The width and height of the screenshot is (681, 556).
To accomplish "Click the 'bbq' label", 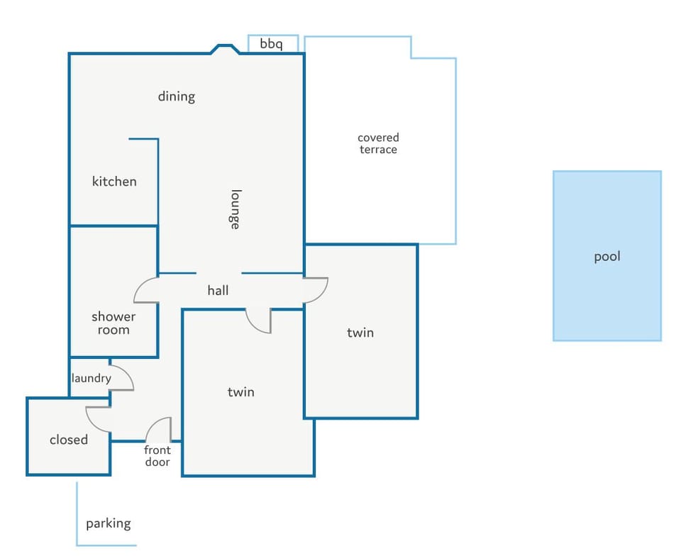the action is [x=272, y=44].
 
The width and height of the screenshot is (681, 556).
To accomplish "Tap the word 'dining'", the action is [x=177, y=96].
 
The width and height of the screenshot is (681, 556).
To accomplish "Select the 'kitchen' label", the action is [x=114, y=181].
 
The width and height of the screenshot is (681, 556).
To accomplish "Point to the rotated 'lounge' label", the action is [x=235, y=209].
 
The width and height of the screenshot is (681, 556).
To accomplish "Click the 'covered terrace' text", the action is [x=378, y=143].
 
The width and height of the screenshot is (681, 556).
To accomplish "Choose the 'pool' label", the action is [x=607, y=257].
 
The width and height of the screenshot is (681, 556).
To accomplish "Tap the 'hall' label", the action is [x=218, y=290].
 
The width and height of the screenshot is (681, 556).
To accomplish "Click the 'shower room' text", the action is [x=113, y=323].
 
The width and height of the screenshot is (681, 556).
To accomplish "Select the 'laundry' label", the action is [x=91, y=378].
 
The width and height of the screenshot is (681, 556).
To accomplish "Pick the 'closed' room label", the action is [x=69, y=440].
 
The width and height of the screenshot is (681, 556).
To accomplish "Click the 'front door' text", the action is [x=157, y=456].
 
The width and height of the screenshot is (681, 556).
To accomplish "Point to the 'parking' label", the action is [x=108, y=523].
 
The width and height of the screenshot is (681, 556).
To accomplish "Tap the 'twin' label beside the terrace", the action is [x=360, y=333].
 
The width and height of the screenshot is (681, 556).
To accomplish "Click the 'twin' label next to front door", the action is [x=240, y=392].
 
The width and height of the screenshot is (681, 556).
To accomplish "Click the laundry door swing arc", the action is [x=127, y=372].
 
